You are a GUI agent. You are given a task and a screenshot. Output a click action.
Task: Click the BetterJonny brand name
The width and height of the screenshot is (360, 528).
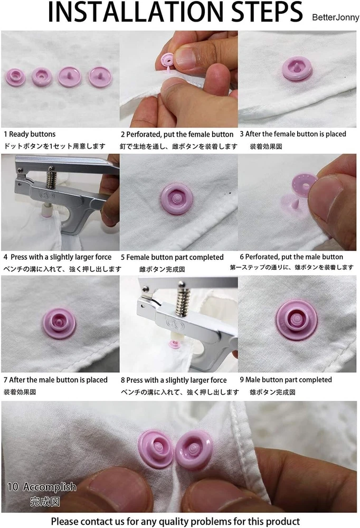click(335, 17)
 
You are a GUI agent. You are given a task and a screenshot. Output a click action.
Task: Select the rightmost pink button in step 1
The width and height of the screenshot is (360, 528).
click(100, 77)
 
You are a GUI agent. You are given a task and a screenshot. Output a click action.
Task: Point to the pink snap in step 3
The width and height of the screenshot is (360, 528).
click(297, 68)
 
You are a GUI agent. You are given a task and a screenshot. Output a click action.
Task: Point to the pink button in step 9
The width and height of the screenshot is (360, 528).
click(297, 319)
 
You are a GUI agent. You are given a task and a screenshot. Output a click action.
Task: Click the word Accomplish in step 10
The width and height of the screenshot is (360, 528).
click(50, 487)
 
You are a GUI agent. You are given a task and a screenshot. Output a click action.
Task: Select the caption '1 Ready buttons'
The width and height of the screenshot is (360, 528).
click(30, 134)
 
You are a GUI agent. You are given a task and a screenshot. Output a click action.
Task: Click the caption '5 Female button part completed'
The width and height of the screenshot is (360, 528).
click(172, 257)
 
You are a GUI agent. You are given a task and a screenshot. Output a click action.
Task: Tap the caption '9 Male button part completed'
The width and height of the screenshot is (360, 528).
click(286, 380)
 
